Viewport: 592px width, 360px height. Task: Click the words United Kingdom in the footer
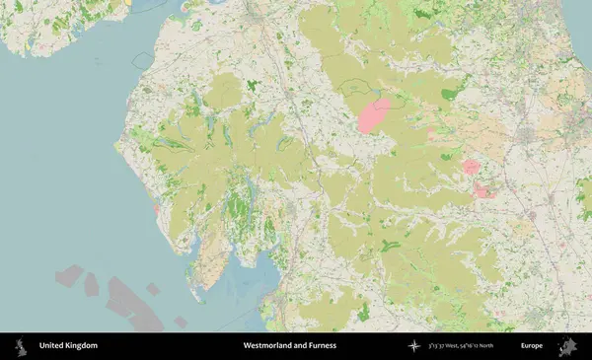tap(68, 346)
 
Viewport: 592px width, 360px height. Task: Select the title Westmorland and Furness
tap(290, 346)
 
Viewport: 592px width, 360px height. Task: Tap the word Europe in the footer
tap(532, 346)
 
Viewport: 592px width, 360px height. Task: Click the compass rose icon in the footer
tap(414, 346)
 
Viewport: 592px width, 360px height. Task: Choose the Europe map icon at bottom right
tap(568, 346)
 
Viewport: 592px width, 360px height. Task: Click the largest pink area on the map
tap(374, 114)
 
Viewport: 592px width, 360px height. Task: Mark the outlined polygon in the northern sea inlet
tap(143, 60)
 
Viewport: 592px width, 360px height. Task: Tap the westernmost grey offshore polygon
tap(69, 274)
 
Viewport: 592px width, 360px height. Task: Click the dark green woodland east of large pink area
tap(450, 95)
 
